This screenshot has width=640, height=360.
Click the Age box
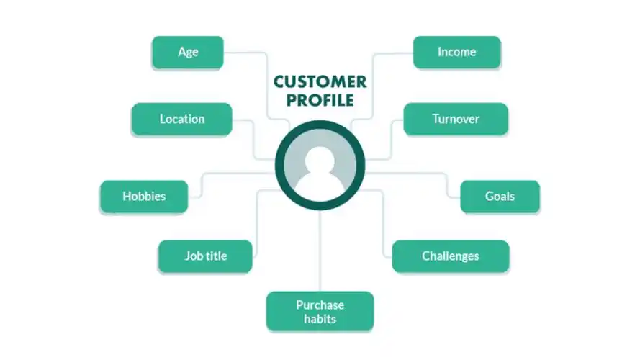187,52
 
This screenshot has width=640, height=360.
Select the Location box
181,119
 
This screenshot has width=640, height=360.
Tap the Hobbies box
144,196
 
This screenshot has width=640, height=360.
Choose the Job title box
204,256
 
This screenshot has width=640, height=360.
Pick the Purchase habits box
320,311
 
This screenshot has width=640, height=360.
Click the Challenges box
450,256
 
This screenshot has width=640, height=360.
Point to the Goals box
500,196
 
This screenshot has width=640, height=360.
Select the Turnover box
455,119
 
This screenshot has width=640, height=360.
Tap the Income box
456,52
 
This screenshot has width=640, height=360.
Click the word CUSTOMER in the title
320,81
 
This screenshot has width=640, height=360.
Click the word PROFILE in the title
320,100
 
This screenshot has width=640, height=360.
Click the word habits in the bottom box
320,318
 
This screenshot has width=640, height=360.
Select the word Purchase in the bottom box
320,305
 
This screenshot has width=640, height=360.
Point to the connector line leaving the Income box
392,52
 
